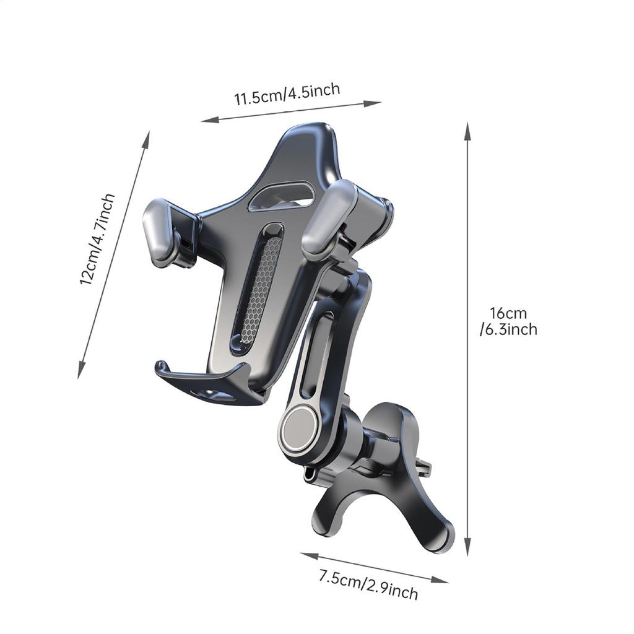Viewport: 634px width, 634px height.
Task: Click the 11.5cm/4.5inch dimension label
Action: click(x=287, y=93)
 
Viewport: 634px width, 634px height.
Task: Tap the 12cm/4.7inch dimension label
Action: click(x=97, y=239)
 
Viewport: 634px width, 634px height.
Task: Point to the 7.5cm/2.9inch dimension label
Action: click(x=368, y=586)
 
